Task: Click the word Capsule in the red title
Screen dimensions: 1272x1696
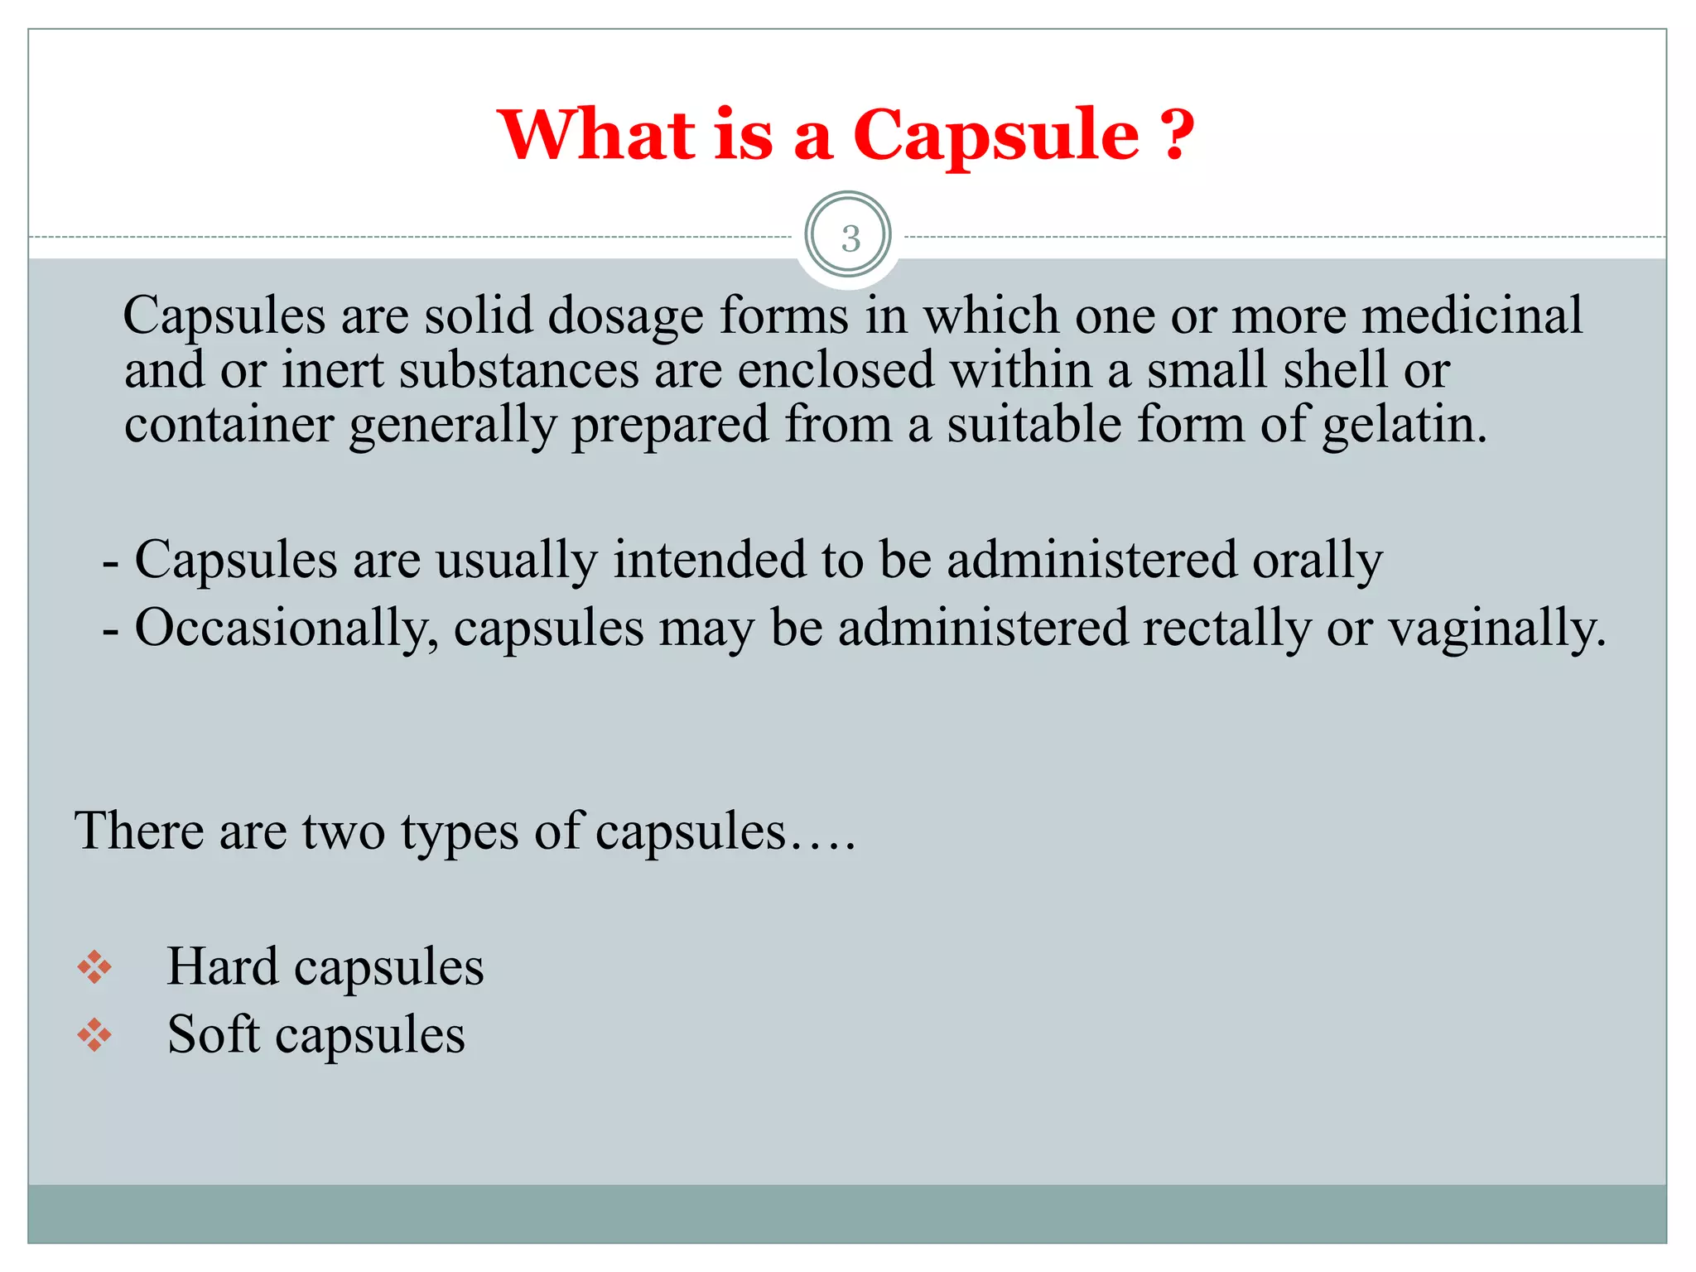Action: point(995,135)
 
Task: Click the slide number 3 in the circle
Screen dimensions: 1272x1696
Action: point(850,238)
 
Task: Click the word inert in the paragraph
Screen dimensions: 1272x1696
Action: point(332,370)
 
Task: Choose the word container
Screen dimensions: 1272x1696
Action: point(229,426)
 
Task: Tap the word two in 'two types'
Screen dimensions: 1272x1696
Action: point(343,831)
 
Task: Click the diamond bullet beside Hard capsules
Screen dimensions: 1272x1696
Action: point(94,967)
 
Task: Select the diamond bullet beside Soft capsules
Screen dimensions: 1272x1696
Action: point(94,1035)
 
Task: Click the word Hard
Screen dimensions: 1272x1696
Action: point(222,967)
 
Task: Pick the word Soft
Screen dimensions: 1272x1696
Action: point(214,1035)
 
